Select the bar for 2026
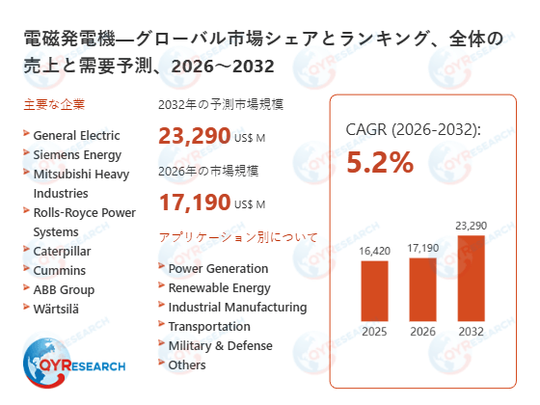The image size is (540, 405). [422, 288]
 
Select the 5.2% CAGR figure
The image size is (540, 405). [380, 163]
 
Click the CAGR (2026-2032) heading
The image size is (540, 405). [413, 130]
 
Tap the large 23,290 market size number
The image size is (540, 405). [194, 136]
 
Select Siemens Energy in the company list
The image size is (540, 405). [77, 154]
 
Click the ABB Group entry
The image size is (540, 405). [64, 289]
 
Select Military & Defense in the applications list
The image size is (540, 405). [220, 345]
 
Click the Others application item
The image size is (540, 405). [187, 364]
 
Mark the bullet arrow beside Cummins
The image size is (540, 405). [25, 269]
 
